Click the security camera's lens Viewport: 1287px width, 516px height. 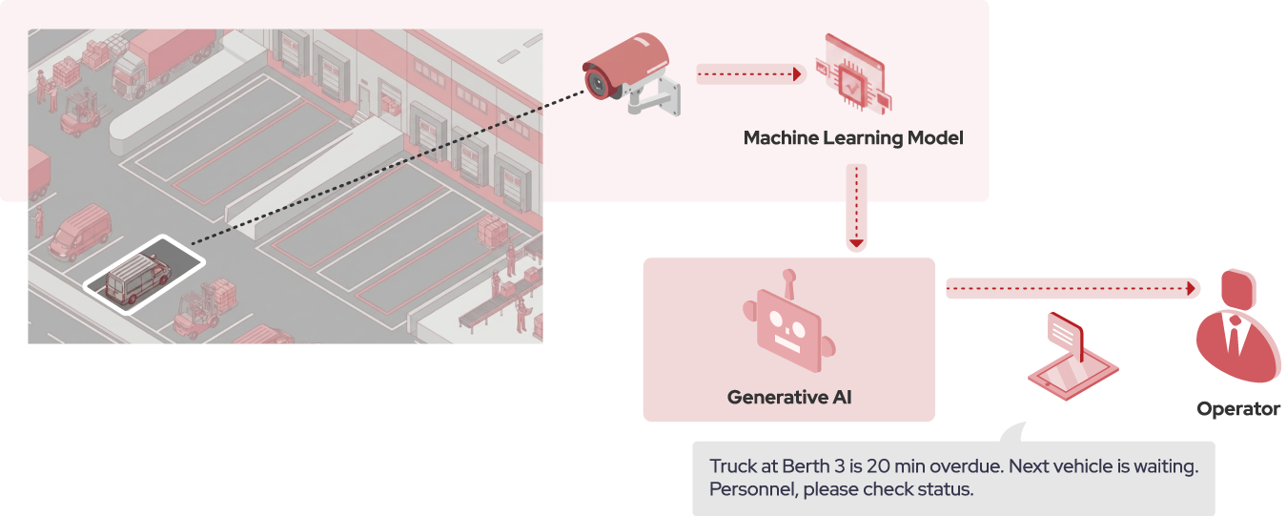click(x=595, y=83)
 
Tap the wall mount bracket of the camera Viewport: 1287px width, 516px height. click(x=668, y=95)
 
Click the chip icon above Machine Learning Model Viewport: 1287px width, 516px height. click(x=852, y=84)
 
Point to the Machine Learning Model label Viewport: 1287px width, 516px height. click(x=853, y=138)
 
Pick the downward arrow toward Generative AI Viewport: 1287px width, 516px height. click(x=856, y=206)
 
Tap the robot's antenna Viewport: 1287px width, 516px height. click(x=788, y=283)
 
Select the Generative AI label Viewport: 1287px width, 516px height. click(x=788, y=397)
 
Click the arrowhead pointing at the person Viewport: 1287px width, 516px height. click(x=1190, y=288)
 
